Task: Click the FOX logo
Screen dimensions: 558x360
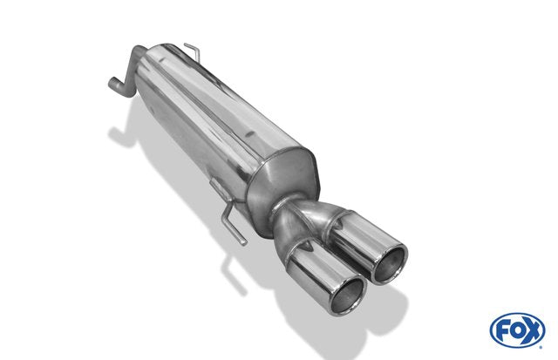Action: pyautogui.click(x=517, y=330)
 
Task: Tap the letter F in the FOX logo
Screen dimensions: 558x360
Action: pyautogui.click(x=504, y=331)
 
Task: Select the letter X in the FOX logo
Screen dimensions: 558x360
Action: pyautogui.click(x=532, y=331)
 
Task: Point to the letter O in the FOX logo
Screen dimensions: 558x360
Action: pyautogui.click(x=517, y=331)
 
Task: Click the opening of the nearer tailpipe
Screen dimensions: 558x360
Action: pyautogui.click(x=349, y=295)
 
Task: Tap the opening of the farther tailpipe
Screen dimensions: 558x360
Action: pyautogui.click(x=389, y=264)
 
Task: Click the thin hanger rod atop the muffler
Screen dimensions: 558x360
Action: pyautogui.click(x=193, y=52)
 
